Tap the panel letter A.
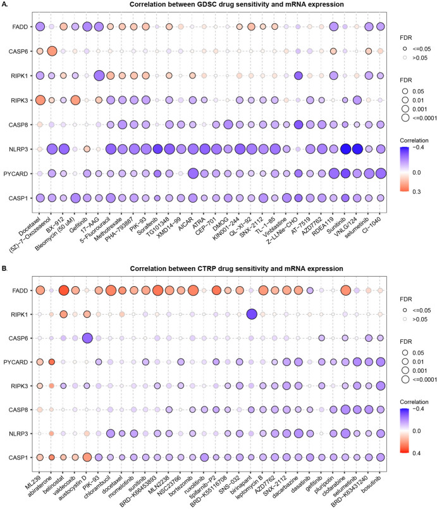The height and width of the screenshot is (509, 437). [4, 5]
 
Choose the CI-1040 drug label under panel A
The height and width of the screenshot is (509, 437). [374, 217]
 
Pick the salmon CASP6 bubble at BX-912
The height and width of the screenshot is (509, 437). [52, 51]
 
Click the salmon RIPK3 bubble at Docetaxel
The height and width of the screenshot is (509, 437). [40, 100]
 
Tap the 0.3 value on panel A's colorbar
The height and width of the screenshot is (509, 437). [412, 203]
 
